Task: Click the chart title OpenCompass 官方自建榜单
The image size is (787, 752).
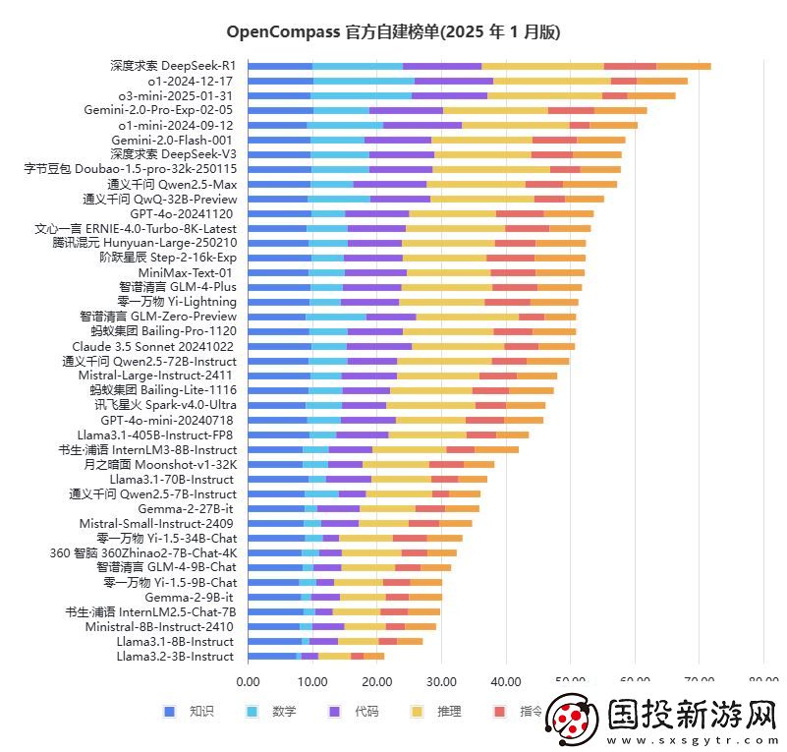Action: (x=393, y=32)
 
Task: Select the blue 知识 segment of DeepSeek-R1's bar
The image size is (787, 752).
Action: (x=280, y=66)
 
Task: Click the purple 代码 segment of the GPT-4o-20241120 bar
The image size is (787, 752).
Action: (x=376, y=213)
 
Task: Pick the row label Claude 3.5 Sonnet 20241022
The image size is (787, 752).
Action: (x=153, y=346)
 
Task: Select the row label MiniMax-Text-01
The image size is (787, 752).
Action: (x=186, y=272)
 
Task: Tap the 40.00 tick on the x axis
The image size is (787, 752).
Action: (x=505, y=680)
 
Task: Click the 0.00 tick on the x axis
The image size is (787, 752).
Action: (x=248, y=680)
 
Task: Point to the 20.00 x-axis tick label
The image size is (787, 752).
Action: (x=376, y=680)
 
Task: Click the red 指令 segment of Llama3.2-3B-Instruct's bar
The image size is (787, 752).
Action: (x=357, y=656)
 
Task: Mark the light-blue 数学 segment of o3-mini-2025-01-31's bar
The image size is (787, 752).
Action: (x=361, y=95)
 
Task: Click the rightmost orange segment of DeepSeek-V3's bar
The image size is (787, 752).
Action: (x=596, y=154)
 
